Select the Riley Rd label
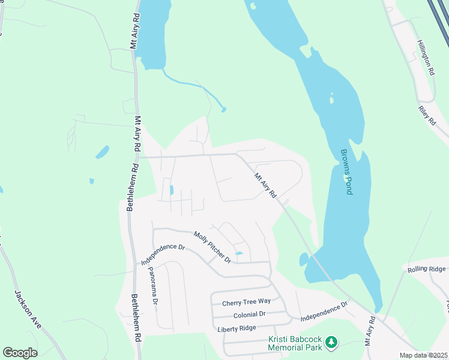click(426, 116)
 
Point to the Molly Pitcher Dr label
click(212, 248)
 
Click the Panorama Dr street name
click(152, 286)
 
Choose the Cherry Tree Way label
click(246, 302)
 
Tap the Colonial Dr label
click(249, 314)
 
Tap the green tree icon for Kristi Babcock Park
click(331, 343)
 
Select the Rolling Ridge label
click(427, 269)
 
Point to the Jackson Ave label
click(28, 309)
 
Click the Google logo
click(20, 353)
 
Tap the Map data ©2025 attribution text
click(423, 355)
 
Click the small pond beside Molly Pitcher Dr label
click(238, 254)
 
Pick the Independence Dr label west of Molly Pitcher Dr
click(163, 254)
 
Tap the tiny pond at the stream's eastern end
click(224, 110)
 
